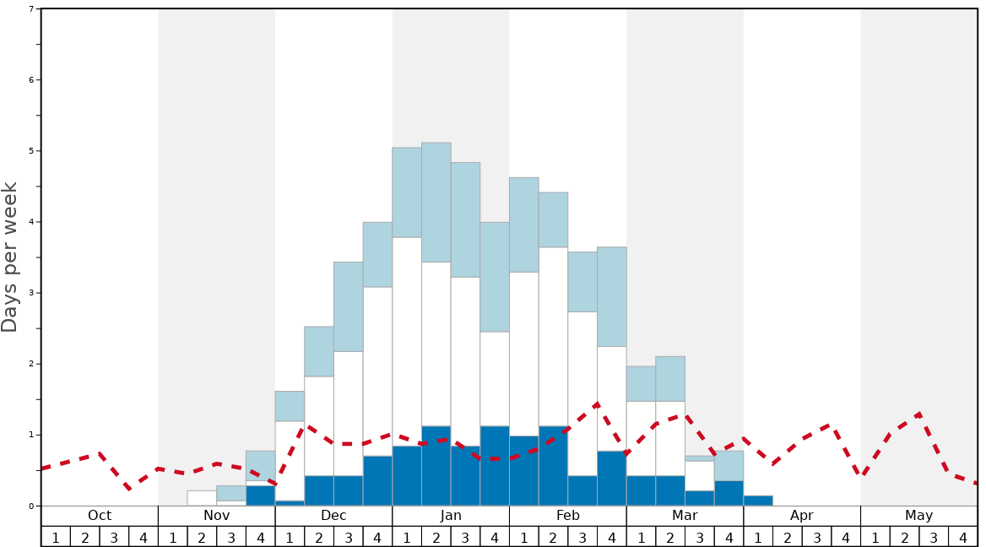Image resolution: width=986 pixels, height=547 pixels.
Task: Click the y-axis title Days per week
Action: [x=10, y=257]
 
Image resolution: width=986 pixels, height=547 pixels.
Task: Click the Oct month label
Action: [x=100, y=516]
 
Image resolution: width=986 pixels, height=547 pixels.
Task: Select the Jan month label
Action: [x=451, y=516]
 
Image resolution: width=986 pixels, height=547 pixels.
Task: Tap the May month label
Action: [x=919, y=516]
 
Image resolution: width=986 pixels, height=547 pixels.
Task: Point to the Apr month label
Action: [x=802, y=516]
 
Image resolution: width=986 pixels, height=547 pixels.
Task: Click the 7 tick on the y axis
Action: [x=31, y=9]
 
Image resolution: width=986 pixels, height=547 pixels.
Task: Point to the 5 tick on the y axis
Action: [x=31, y=151]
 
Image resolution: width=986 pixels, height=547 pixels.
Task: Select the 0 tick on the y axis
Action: [x=31, y=506]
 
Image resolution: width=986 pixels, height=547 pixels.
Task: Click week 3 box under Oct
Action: [x=114, y=537]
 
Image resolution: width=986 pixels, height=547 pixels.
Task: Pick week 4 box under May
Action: [x=963, y=537]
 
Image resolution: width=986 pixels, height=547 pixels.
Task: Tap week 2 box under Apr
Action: [x=787, y=537]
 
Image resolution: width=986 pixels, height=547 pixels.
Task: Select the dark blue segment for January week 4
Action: [x=495, y=466]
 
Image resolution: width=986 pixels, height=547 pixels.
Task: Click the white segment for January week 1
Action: [x=407, y=342]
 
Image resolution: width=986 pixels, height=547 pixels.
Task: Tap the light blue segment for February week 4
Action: [x=612, y=296]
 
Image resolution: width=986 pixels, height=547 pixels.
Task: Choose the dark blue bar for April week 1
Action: [x=758, y=501]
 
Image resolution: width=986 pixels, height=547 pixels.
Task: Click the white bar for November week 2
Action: [x=202, y=498]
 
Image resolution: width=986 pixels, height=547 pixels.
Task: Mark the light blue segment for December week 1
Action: [x=290, y=406]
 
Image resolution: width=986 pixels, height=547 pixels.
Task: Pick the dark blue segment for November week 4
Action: [x=260, y=496]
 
